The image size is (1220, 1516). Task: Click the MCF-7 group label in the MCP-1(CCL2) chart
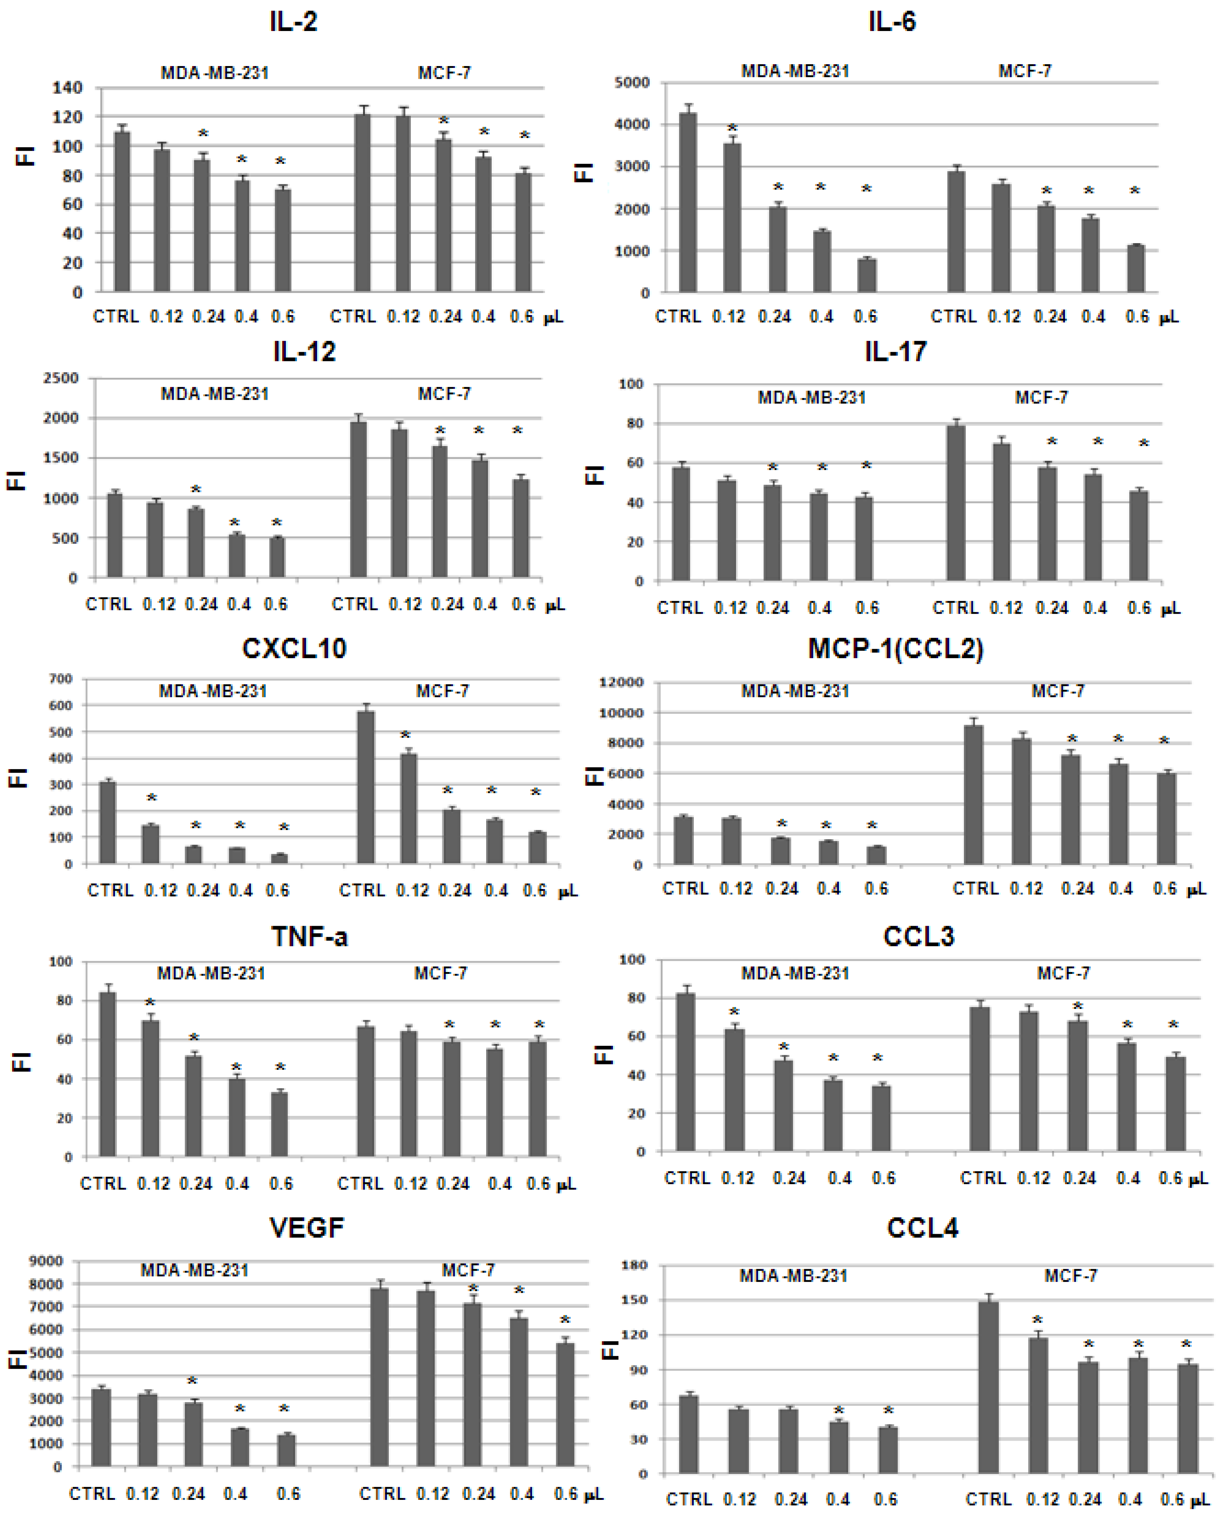click(x=1058, y=691)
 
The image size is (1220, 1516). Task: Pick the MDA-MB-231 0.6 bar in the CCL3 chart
click(x=881, y=1118)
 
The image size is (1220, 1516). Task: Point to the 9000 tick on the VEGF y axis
click(x=46, y=1261)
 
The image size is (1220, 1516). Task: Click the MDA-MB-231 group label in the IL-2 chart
click(x=214, y=73)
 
